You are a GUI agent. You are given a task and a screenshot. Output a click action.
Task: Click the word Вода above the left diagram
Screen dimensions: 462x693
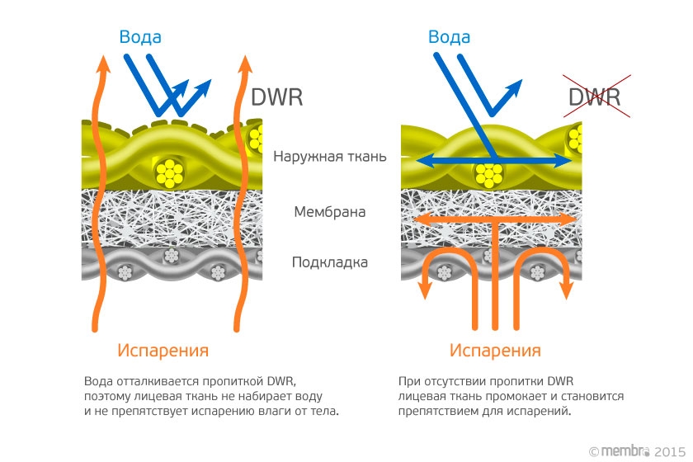click(140, 37)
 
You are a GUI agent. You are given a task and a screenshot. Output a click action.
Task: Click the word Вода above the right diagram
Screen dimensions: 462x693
click(450, 37)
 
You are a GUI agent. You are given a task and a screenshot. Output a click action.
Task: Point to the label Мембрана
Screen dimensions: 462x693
click(330, 212)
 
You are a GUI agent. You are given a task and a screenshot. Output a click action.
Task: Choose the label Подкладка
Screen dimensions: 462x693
click(330, 263)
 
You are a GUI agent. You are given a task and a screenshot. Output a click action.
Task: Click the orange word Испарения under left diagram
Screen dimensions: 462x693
click(163, 350)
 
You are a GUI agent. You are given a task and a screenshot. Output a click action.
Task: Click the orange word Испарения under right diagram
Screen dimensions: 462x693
click(495, 350)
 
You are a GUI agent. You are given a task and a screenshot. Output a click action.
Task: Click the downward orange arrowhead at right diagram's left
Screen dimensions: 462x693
click(426, 290)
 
